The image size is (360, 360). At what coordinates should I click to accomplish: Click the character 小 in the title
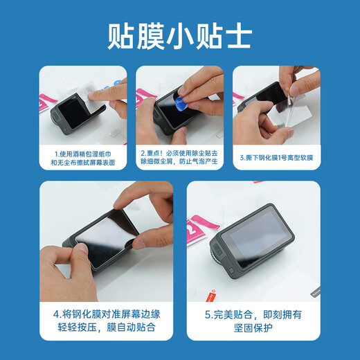click(x=179, y=35)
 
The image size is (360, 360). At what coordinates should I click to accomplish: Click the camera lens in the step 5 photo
click(x=222, y=267)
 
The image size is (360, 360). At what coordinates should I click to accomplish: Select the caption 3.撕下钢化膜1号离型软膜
click(x=277, y=157)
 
